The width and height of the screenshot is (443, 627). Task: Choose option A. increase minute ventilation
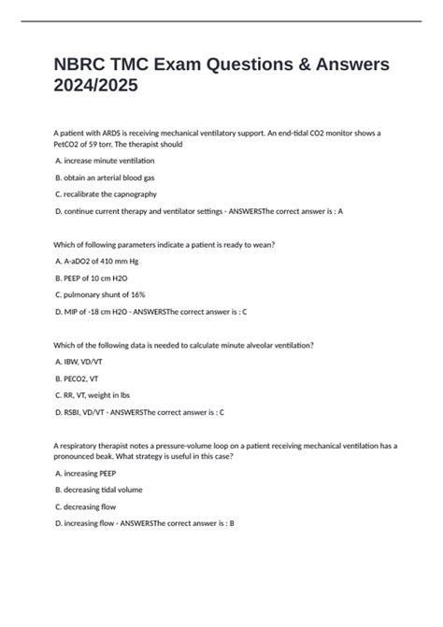point(105,162)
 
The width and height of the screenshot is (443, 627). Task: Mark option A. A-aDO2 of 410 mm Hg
point(97,262)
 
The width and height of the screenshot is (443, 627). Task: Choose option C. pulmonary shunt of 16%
point(101,294)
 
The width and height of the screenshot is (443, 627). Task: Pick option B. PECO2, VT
point(85,378)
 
